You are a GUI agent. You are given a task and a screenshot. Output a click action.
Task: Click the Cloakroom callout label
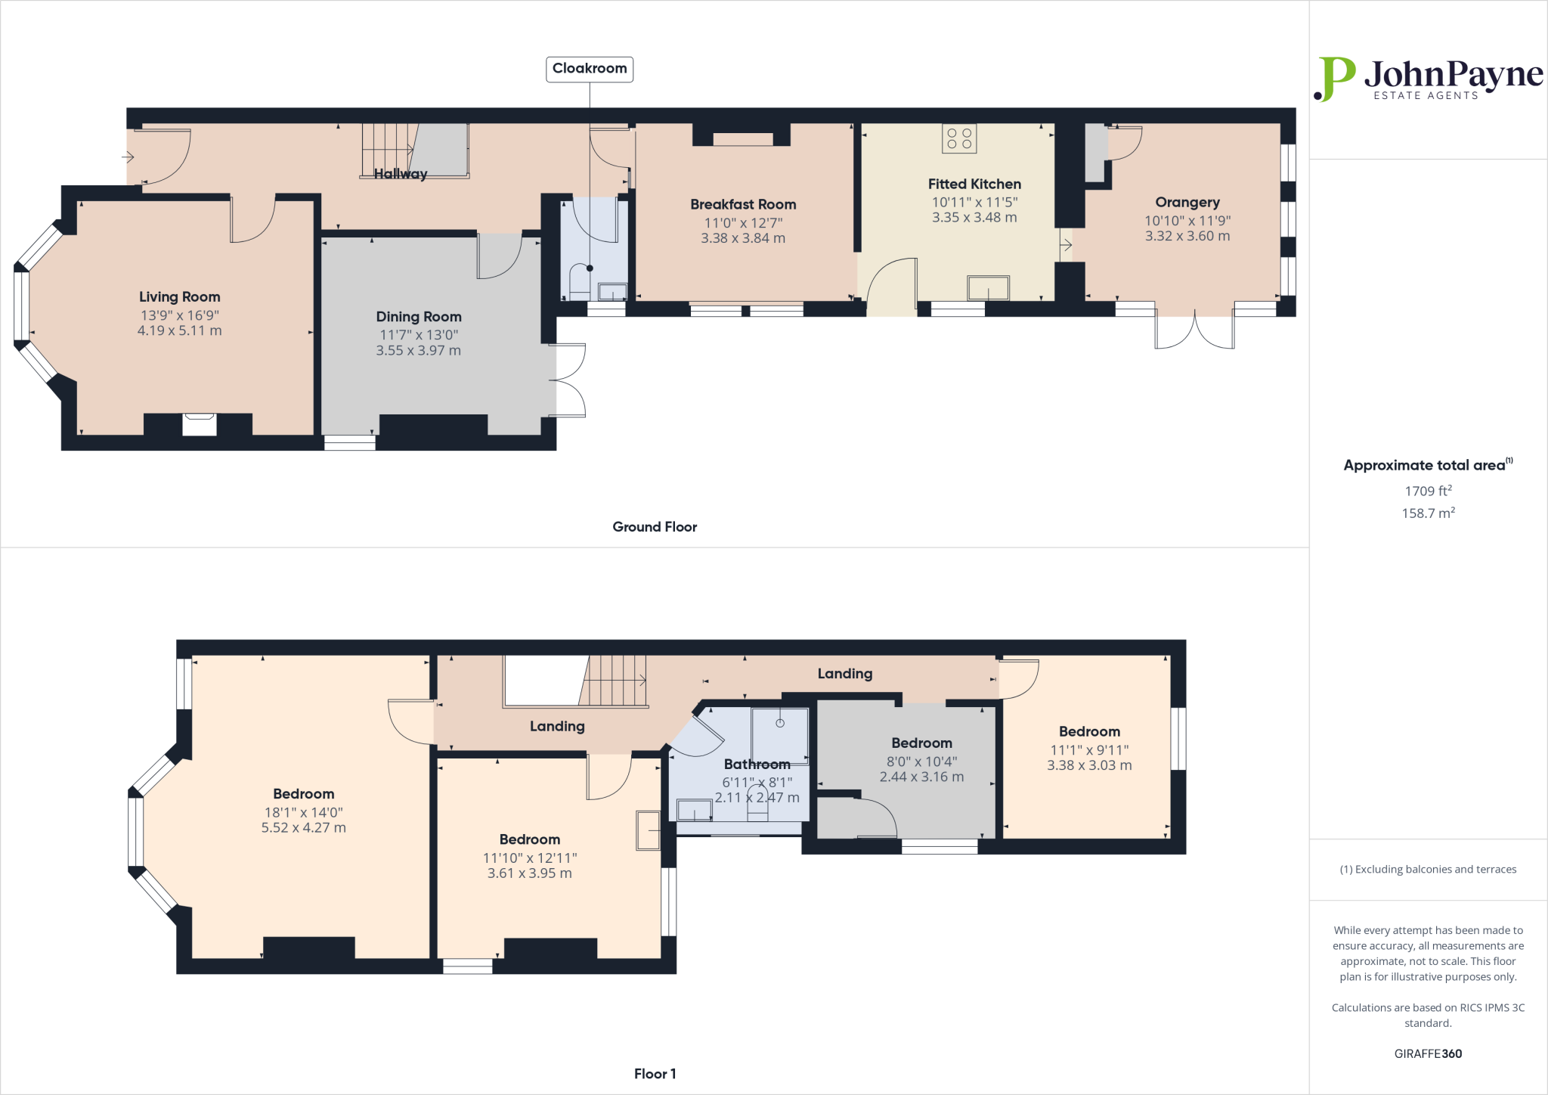click(590, 69)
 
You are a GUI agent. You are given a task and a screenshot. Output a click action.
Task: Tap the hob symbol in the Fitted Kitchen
click(958, 138)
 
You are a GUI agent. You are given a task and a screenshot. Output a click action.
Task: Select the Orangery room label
click(1187, 202)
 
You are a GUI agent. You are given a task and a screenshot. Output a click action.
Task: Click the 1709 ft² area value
click(1428, 491)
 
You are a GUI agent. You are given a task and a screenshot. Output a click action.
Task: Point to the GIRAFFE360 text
click(1427, 1053)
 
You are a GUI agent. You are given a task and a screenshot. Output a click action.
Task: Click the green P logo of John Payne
click(1335, 79)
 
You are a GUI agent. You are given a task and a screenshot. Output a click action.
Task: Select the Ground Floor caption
click(655, 527)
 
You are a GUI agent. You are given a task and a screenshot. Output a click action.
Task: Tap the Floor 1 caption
click(655, 1074)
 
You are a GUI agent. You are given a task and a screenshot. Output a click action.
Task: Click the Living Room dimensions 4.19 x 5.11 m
click(179, 330)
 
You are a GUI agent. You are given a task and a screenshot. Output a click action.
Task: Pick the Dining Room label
click(419, 317)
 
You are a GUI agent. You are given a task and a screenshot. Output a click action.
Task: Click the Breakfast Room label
click(743, 204)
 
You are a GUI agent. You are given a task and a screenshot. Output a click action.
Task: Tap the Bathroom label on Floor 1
click(757, 765)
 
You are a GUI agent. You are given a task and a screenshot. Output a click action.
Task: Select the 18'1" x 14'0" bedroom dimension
click(303, 812)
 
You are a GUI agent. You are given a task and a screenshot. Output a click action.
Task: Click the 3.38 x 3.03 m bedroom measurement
click(1089, 765)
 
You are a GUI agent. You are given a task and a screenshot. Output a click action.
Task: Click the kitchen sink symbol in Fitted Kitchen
click(988, 288)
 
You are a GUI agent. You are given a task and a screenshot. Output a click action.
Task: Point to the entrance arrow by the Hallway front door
click(128, 157)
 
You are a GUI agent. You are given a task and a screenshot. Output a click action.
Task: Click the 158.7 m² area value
click(1428, 513)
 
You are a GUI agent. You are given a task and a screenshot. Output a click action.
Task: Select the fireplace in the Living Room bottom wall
click(200, 424)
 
